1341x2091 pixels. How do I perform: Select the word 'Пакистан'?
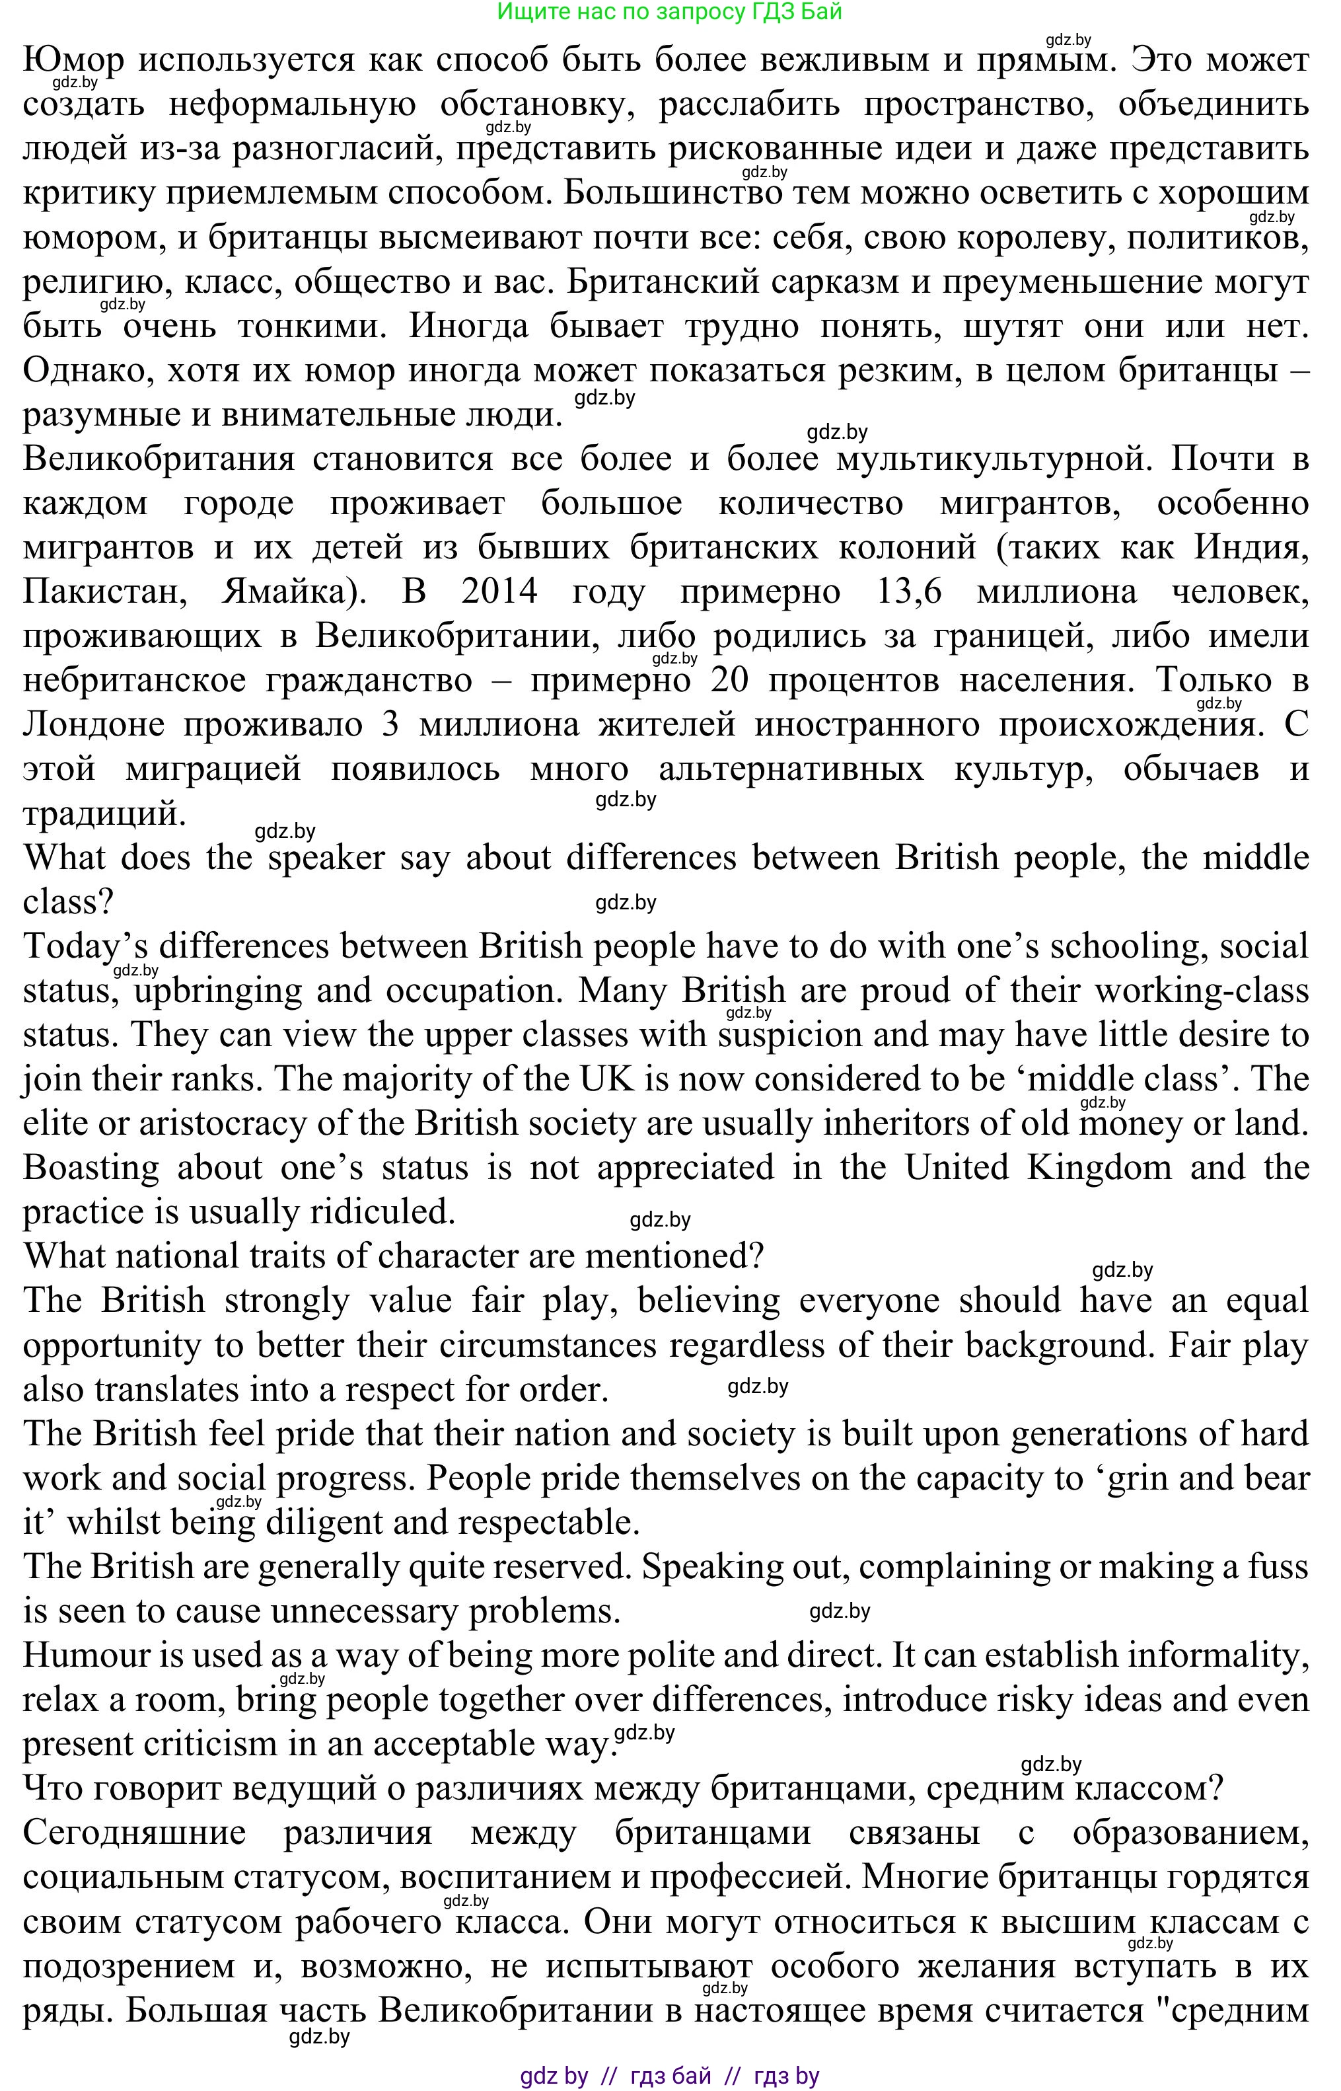coord(104,592)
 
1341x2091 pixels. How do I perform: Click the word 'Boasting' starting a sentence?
coord(91,1168)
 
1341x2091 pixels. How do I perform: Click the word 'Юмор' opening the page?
coord(73,60)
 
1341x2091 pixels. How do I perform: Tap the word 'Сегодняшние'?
coord(134,1833)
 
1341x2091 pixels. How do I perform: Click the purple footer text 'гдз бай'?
coord(670,2076)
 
